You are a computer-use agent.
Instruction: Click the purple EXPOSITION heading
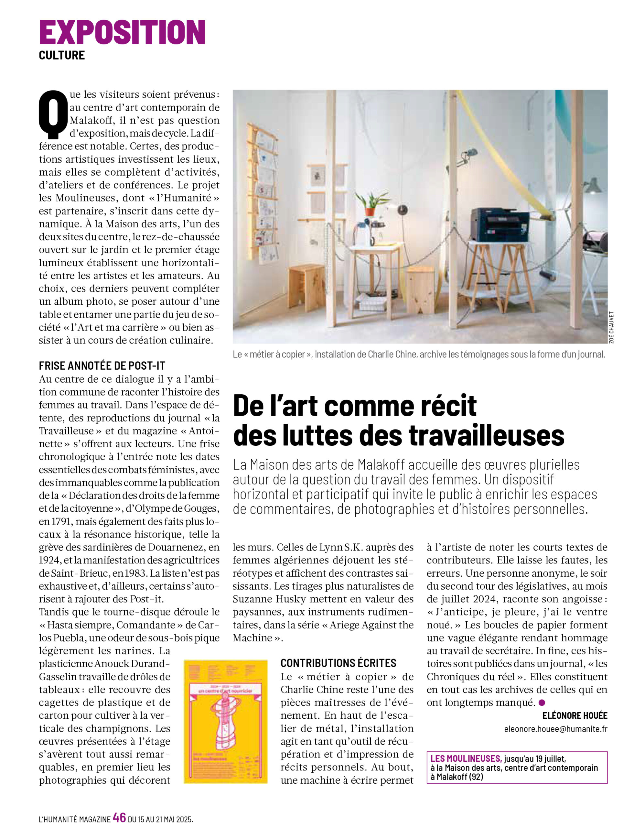[x=122, y=33]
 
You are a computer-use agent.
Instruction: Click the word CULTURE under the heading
[x=62, y=55]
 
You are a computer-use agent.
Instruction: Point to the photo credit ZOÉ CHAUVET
[x=611, y=327]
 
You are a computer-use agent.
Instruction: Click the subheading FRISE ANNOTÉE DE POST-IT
[x=102, y=366]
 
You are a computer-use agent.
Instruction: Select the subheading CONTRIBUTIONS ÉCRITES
[x=338, y=663]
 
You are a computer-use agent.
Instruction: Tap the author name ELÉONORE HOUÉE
[x=575, y=716]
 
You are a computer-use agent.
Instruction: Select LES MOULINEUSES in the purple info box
[x=466, y=759]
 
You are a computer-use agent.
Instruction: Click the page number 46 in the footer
[x=119, y=818]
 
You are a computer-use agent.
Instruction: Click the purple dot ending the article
[x=542, y=703]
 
